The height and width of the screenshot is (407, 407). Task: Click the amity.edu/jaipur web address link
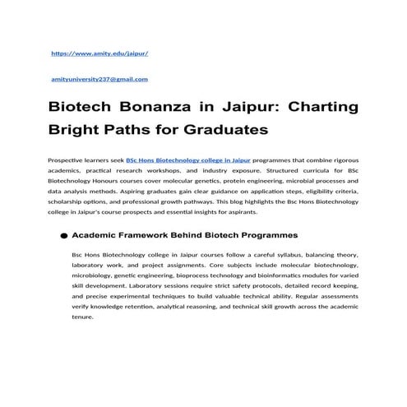(99, 52)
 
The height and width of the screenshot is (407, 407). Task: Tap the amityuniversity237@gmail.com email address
(99, 79)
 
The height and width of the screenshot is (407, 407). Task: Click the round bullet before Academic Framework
(62, 236)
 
